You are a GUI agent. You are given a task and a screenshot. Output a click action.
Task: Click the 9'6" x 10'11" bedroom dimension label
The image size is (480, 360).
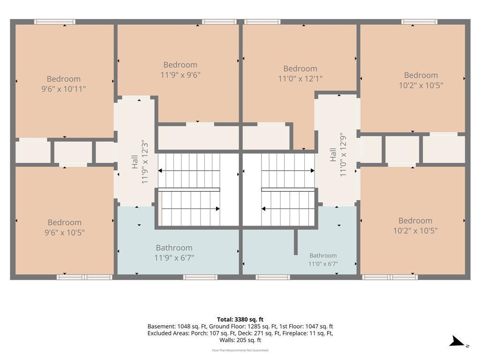(x=64, y=89)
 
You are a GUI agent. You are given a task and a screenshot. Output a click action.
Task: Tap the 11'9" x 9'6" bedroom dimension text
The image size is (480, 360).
(x=180, y=75)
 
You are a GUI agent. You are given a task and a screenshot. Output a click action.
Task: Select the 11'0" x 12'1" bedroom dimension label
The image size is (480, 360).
(x=300, y=79)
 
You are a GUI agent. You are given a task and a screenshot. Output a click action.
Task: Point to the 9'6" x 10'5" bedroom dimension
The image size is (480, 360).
(x=65, y=232)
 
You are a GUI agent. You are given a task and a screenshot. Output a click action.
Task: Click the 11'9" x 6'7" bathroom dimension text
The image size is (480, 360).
(x=174, y=258)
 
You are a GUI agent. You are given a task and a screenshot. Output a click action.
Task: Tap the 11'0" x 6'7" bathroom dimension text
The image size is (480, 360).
(x=323, y=264)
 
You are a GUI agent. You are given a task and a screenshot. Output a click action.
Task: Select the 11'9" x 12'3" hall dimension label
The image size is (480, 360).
(x=145, y=162)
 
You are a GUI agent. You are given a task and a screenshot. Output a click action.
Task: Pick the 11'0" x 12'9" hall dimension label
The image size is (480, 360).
(x=343, y=155)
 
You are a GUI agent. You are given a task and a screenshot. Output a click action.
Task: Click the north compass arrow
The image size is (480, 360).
(x=457, y=341)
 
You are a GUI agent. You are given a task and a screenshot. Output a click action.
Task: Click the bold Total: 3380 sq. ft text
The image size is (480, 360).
(x=240, y=320)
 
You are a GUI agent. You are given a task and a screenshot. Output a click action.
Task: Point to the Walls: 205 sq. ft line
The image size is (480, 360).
(x=240, y=340)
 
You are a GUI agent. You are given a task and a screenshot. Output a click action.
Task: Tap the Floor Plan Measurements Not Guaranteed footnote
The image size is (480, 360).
(x=240, y=350)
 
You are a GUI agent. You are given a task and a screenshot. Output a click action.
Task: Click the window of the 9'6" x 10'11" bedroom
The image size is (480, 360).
(x=55, y=22)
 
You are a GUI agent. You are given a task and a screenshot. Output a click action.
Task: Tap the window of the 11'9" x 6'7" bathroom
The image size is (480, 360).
(x=200, y=277)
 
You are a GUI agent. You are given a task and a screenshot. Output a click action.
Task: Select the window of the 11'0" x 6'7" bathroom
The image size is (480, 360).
(x=273, y=277)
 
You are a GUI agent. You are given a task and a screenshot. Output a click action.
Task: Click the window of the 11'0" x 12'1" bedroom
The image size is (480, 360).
(x=262, y=22)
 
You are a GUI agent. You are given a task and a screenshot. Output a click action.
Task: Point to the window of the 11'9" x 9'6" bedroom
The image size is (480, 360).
(x=219, y=22)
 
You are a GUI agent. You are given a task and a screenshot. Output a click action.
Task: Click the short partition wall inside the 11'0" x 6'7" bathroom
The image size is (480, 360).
(x=296, y=242)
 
